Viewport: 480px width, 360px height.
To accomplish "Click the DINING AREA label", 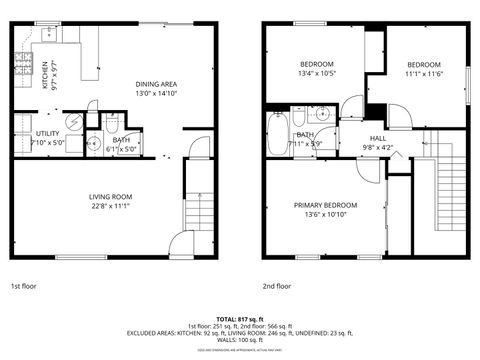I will coord(156,84).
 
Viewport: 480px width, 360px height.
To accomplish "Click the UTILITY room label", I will coord(48,133).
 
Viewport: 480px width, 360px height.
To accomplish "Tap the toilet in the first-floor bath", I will coord(111,124).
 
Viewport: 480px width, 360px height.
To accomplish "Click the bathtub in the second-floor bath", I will coord(278,135).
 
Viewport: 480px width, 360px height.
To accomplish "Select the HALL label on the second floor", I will coord(378,138).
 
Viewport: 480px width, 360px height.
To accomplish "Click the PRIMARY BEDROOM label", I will coord(325,205).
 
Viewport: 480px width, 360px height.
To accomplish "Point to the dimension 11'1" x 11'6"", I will coord(424,73).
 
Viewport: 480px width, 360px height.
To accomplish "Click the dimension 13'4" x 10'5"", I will coord(316,73).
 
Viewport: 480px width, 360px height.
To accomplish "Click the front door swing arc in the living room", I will coord(181,242).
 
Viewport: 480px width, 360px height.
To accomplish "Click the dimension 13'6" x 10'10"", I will coord(325,215).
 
